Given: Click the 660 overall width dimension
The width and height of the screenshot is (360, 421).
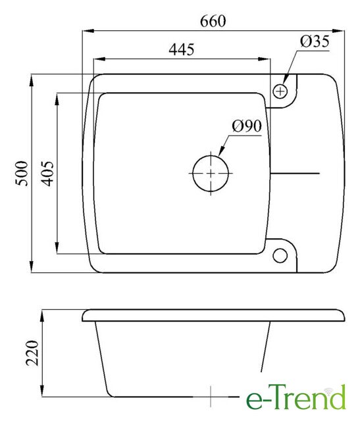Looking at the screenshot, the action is click(213, 21).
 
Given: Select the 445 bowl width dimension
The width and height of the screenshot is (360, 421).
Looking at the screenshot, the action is click(182, 49).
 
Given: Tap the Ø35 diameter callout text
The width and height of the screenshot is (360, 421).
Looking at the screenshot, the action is click(315, 41).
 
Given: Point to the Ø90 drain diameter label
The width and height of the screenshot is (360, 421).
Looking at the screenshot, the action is click(247, 126).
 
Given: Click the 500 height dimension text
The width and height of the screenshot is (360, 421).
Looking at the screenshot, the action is click(22, 174).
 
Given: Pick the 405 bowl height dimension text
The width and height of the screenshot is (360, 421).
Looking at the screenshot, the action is click(47, 174).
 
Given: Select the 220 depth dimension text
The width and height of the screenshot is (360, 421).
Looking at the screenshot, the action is click(32, 353).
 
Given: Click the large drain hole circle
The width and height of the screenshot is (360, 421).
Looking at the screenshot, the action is click(211, 155).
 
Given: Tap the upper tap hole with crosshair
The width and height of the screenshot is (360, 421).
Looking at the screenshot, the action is click(280, 91).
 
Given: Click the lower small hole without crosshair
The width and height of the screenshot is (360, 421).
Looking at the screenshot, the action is click(280, 249).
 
